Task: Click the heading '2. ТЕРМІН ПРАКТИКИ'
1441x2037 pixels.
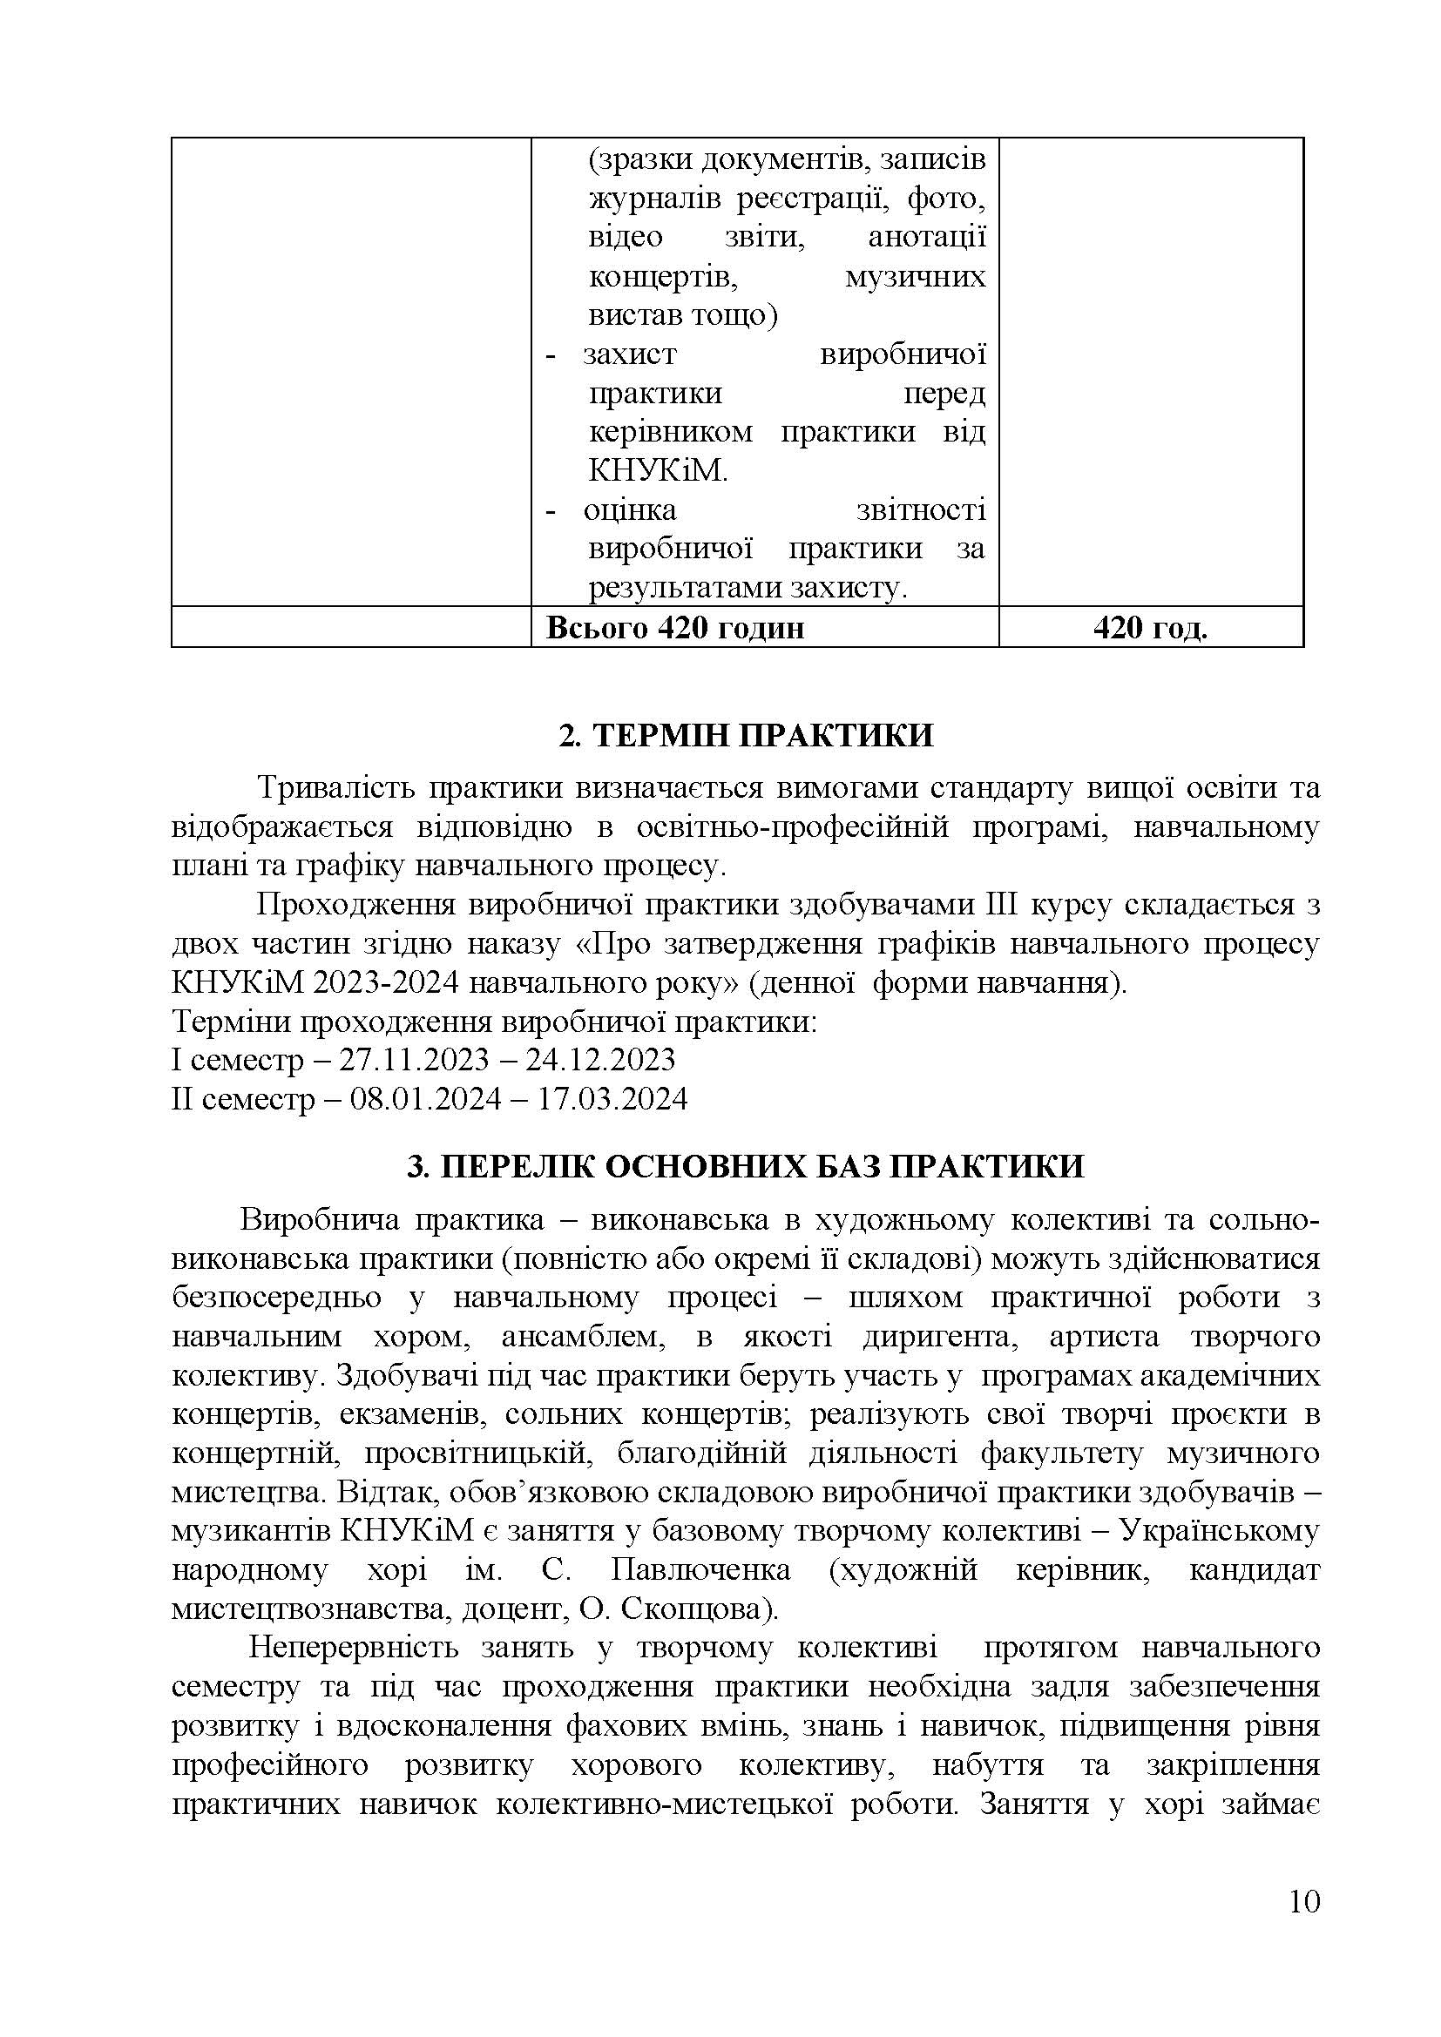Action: coord(747,736)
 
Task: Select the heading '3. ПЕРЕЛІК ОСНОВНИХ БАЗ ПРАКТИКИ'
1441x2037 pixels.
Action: coord(746,1166)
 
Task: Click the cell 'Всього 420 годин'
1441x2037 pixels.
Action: coord(675,628)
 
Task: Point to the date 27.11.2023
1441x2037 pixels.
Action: coord(415,1060)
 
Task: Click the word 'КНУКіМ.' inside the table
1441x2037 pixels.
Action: coord(658,471)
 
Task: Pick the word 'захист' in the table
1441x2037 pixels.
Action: coord(630,354)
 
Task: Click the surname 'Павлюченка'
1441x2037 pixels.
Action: coord(701,1569)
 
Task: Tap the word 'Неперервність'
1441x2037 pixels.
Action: coord(353,1648)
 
